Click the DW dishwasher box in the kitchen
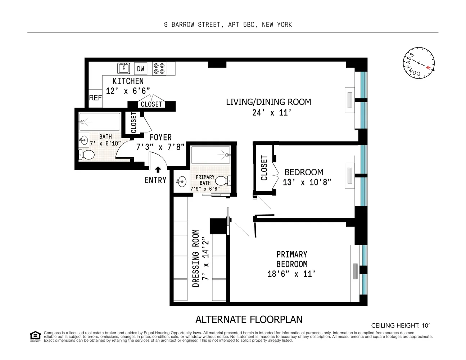140,69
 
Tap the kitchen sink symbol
123,68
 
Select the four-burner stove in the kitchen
159,69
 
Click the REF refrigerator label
95,98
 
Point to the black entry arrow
158,170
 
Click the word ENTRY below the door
155,180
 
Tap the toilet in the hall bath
86,154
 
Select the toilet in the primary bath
223,181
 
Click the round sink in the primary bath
181,181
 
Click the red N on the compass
428,68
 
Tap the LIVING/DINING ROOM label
268,102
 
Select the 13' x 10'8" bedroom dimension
307,183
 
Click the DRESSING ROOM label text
196,258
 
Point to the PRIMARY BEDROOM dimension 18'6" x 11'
291,274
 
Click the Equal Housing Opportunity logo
35,336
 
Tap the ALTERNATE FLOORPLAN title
249,319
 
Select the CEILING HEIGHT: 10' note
401,326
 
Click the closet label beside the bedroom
264,168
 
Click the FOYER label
160,137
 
